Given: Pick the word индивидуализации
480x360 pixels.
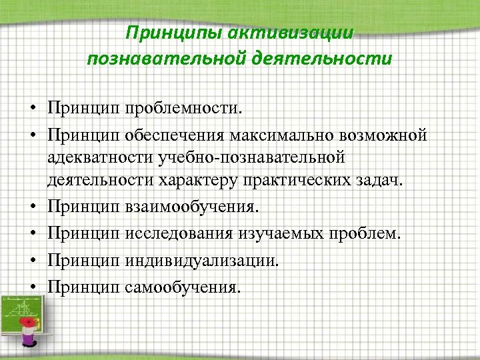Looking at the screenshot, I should coord(201,261).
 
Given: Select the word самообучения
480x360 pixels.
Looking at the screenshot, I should coord(181,287).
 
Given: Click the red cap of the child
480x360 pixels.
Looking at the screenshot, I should coord(28,323).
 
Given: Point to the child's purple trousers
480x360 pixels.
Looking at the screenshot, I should coord(28,340).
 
